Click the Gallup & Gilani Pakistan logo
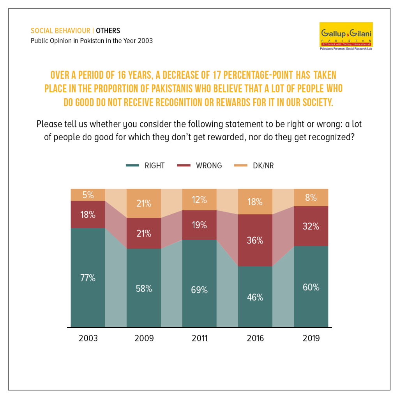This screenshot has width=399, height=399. [x=346, y=36]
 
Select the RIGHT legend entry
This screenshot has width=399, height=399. [x=145, y=166]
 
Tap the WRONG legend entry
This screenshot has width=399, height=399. [x=199, y=166]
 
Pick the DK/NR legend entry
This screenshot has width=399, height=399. [x=254, y=166]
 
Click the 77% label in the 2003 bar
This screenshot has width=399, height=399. [x=88, y=278]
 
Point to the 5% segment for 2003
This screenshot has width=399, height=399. [x=88, y=195]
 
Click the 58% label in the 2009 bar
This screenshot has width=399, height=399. [x=144, y=289]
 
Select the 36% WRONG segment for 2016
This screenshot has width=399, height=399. [x=255, y=240]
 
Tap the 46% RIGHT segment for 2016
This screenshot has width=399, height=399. [x=255, y=297]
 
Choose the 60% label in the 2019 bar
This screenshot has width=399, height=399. [x=311, y=287]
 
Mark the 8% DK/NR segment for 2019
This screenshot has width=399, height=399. [x=311, y=198]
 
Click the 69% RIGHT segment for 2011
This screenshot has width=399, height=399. [x=199, y=283]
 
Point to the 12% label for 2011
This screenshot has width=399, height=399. [x=199, y=200]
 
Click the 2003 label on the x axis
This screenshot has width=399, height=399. [x=88, y=339]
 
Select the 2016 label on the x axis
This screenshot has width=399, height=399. [x=255, y=339]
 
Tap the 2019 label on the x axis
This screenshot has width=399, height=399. [x=311, y=339]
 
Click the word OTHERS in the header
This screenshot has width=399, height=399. [x=108, y=31]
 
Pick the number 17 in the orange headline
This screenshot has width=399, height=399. [x=217, y=75]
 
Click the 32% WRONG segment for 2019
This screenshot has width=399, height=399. [x=311, y=226]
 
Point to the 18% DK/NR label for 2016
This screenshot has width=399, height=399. [x=255, y=202]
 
